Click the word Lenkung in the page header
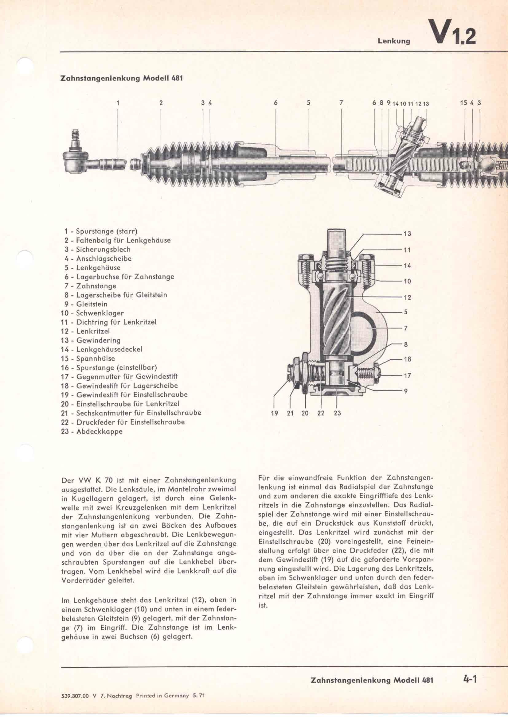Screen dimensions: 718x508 click(394, 41)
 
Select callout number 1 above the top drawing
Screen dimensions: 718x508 click(118, 102)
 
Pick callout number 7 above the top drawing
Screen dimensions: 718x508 click(341, 102)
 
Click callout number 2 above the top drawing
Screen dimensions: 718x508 click(161, 102)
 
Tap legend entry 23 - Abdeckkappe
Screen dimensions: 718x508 click(92, 432)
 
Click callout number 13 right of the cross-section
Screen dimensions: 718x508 click(407, 234)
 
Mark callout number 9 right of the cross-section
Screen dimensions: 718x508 click(406, 391)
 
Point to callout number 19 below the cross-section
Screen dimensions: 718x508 click(274, 413)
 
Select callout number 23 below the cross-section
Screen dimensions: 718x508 click(337, 413)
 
